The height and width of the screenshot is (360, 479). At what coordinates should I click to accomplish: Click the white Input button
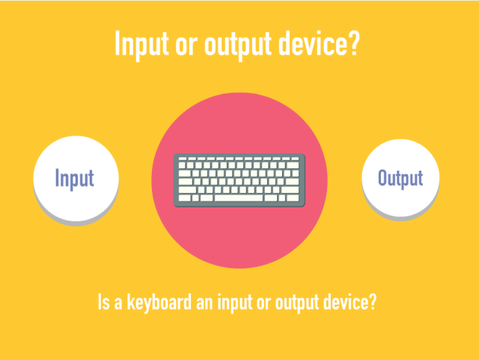tap(76, 178)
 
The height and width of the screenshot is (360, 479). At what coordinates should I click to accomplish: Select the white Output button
tap(400, 178)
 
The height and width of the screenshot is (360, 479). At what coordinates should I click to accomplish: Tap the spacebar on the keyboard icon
tap(239, 198)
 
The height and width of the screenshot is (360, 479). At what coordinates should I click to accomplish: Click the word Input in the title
tap(141, 45)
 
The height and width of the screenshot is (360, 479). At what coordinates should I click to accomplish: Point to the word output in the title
tap(238, 45)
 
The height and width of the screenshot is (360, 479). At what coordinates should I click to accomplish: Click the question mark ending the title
tap(354, 43)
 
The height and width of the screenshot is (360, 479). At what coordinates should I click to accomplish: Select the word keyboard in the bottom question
tap(159, 302)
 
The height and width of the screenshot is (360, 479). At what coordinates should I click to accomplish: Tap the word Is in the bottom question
tap(103, 302)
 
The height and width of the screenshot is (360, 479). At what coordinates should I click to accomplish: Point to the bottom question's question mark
tap(373, 302)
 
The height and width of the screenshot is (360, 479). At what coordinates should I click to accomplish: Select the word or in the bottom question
tap(264, 303)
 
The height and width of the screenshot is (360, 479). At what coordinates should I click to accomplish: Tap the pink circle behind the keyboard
tap(239, 238)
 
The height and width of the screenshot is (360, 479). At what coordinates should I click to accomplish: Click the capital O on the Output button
tap(382, 177)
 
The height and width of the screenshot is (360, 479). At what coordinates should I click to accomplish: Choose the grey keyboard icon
tap(239, 180)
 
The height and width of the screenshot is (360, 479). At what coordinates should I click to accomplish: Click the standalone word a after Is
tap(118, 303)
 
